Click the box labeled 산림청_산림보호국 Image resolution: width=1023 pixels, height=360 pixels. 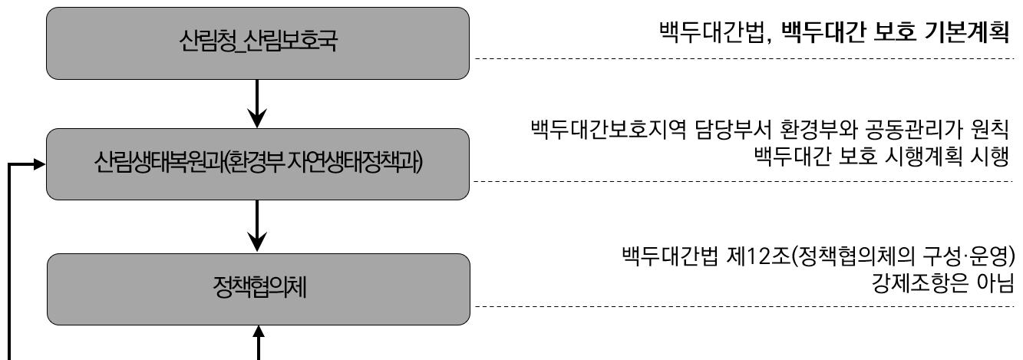(x=257, y=43)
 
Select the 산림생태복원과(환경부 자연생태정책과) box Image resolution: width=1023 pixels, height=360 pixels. (x=257, y=164)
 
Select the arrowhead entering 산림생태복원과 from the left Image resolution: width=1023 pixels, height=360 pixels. (x=38, y=163)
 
